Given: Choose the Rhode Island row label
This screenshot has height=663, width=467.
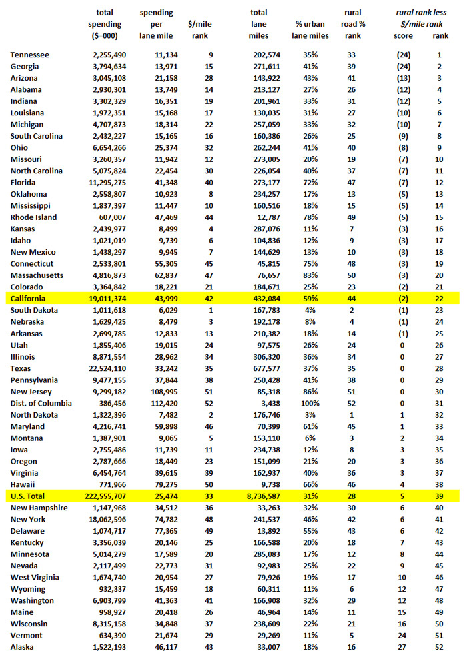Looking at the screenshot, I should point(34,217).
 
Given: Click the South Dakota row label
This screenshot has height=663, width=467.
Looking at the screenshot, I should point(34,310).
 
